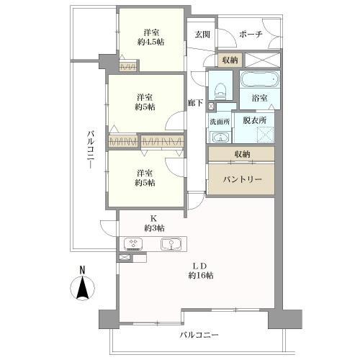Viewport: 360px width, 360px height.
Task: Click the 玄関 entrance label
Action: pyautogui.click(x=202, y=34)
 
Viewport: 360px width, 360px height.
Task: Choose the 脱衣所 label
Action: pyautogui.click(x=254, y=121)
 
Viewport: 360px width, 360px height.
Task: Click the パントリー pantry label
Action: pyautogui.click(x=241, y=179)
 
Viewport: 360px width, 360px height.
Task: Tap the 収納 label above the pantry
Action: pyautogui.click(x=241, y=154)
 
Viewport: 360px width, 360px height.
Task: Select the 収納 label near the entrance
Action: pyautogui.click(x=230, y=60)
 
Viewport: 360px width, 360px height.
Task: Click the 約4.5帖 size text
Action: pyautogui.click(x=150, y=42)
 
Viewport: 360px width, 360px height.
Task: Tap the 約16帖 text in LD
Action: pyautogui.click(x=201, y=276)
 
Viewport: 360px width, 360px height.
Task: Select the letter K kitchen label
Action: pyautogui.click(x=152, y=218)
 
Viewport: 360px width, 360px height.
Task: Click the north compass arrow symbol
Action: pyautogui.click(x=82, y=289)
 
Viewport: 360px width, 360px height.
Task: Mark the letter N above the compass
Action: pyautogui.click(x=82, y=271)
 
